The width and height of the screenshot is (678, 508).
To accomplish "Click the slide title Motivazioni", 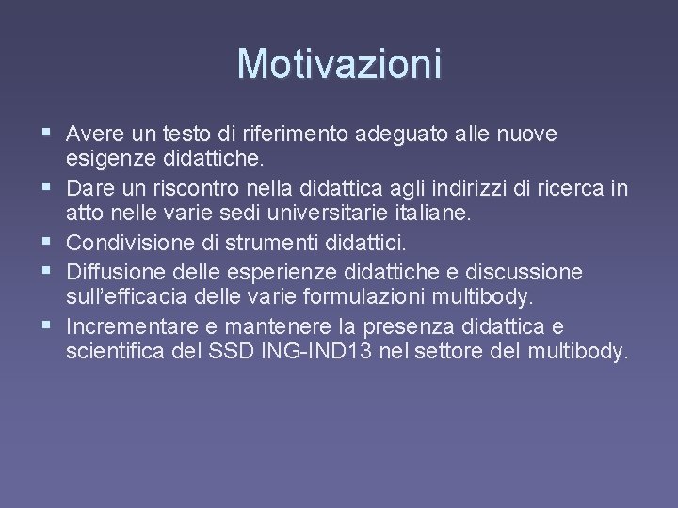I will tap(339, 64).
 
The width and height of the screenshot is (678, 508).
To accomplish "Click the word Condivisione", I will tap(131, 244).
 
